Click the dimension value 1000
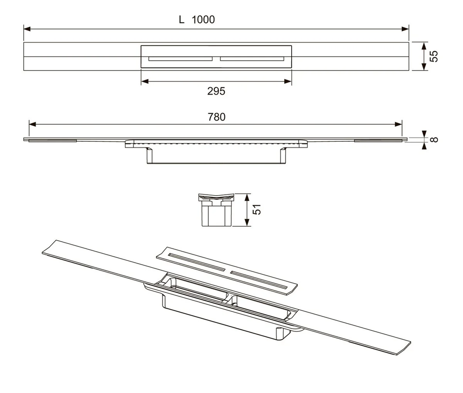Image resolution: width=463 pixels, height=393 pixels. [203, 19]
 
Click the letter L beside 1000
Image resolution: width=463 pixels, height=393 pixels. [181, 19]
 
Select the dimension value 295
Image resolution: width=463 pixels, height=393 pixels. [216, 91]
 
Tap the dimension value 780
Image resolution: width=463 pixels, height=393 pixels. [216, 117]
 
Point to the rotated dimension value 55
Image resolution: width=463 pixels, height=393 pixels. [433, 56]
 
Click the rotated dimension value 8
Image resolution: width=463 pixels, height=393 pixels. [434, 139]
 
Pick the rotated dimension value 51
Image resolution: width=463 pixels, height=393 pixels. [257, 209]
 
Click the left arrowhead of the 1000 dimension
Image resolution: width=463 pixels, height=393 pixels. [27, 29]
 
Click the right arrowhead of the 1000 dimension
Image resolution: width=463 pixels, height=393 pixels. [405, 29]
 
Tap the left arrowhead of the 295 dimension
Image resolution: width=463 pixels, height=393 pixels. [144, 81]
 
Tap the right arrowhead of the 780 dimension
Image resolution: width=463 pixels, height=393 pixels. [398, 124]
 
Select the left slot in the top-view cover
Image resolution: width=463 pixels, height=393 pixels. [181, 58]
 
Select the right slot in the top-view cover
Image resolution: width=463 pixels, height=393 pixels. [252, 58]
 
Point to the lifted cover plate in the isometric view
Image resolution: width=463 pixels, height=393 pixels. [226, 271]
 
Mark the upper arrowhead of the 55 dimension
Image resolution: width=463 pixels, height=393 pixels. [424, 46]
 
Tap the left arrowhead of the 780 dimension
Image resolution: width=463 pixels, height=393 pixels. [32, 124]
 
